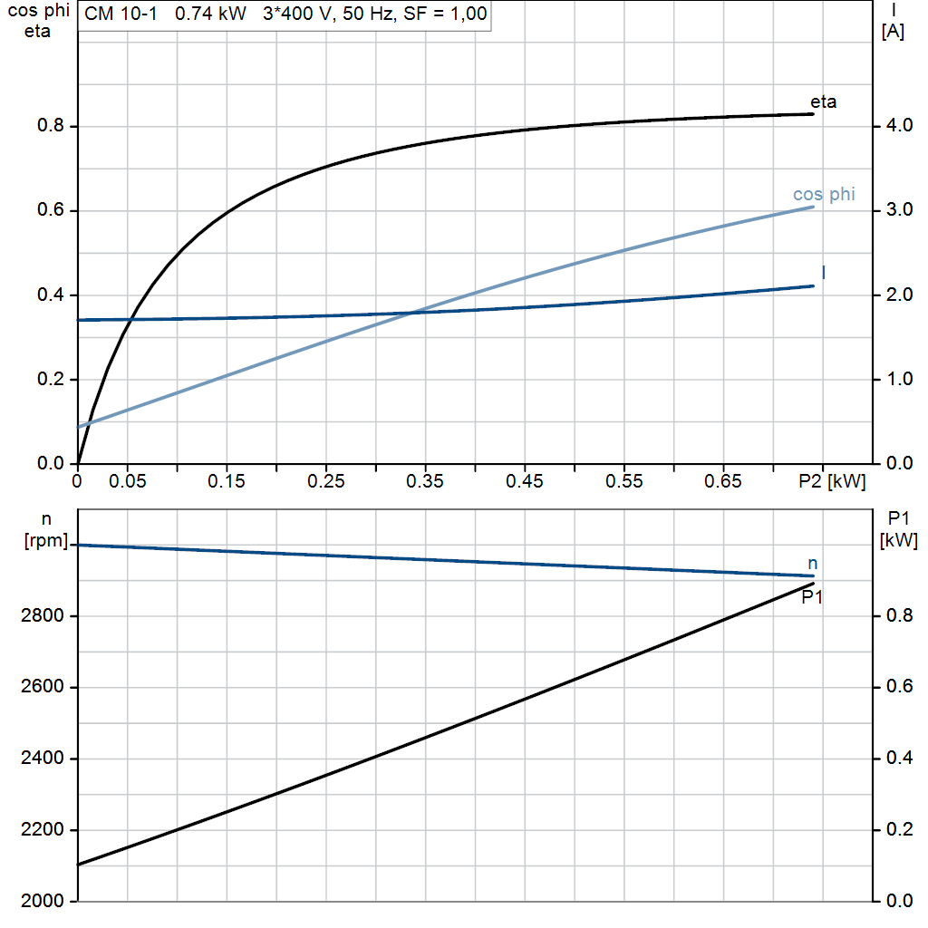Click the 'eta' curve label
(x=823, y=101)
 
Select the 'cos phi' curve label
(x=823, y=195)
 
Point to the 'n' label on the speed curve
(x=812, y=564)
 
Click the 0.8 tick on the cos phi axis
(x=51, y=126)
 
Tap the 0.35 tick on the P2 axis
(x=425, y=481)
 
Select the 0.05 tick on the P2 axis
(x=127, y=481)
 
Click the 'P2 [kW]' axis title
(x=832, y=481)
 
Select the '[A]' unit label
(x=893, y=31)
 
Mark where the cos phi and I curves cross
(x=412, y=313)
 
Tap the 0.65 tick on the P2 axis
(x=724, y=481)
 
